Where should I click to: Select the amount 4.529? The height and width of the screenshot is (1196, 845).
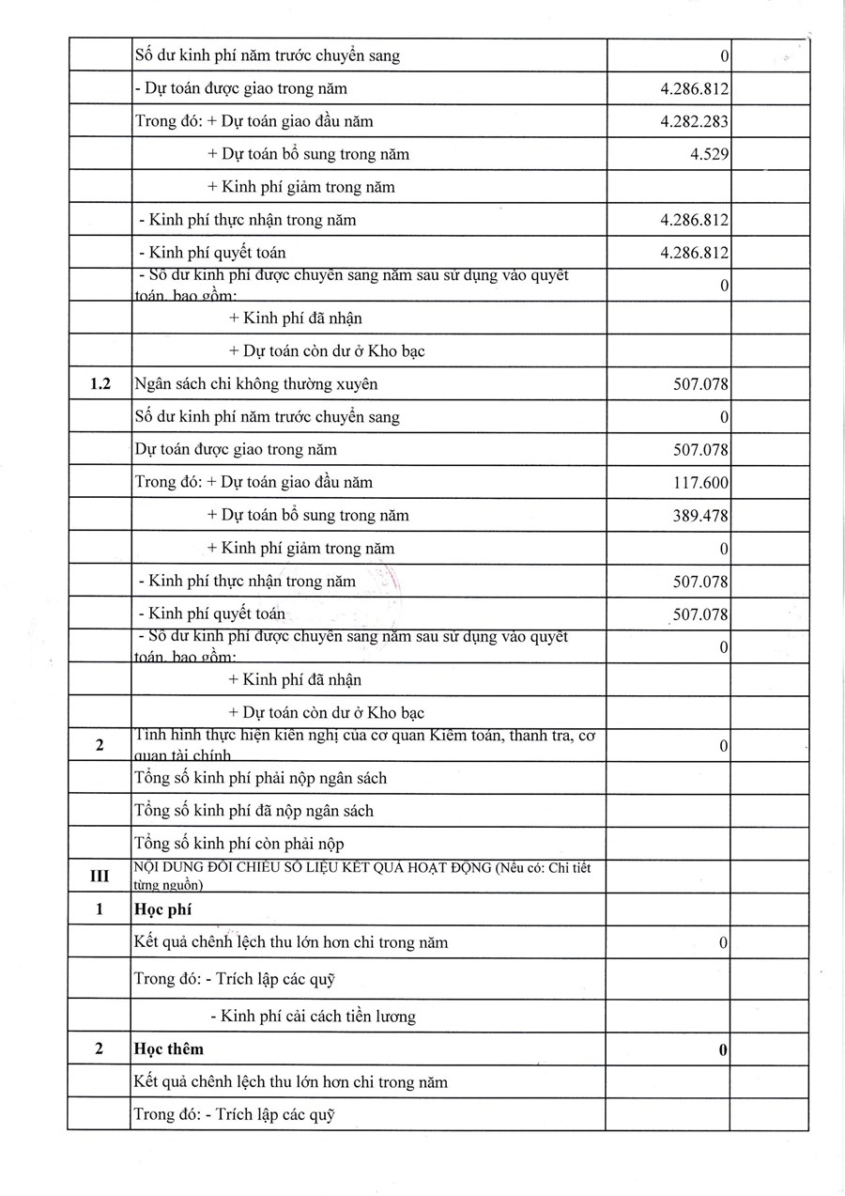pos(710,154)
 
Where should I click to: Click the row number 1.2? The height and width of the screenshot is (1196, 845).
pos(99,383)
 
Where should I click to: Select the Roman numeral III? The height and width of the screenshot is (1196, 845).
pos(99,876)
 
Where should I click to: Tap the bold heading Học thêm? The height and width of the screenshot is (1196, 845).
pos(169,1048)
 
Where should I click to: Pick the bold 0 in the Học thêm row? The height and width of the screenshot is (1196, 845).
pos(723,1049)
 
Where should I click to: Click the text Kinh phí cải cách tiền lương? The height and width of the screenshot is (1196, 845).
pos(313,1016)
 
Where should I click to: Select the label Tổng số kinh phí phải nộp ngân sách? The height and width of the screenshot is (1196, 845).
pos(260,778)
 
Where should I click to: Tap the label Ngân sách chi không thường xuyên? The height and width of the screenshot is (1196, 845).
pos(256,383)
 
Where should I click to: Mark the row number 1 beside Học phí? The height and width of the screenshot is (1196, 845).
pos(99,909)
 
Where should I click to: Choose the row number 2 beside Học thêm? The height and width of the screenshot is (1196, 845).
pos(99,1048)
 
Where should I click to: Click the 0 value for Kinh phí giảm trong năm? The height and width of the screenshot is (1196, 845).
pos(724,549)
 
